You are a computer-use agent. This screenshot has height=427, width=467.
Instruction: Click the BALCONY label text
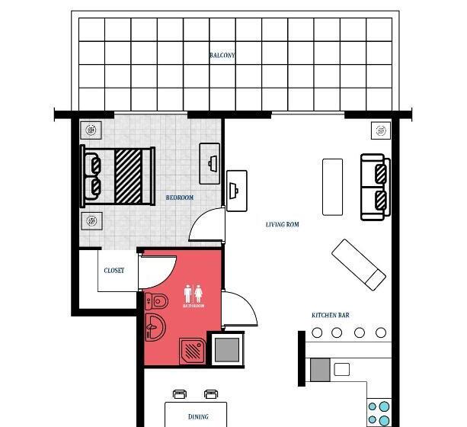pos(222,55)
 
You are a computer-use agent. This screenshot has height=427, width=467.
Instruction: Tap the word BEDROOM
pos(180,197)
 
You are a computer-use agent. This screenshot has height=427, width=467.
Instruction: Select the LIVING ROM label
pos(282,224)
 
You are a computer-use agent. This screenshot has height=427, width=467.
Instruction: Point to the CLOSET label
pos(114,271)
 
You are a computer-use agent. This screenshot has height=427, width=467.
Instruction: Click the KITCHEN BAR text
pos(330,315)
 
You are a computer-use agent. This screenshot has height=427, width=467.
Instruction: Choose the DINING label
pos(198,417)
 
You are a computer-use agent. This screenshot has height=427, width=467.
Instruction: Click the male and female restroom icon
pos(193,294)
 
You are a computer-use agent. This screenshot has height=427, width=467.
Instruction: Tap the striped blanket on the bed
pos(128,175)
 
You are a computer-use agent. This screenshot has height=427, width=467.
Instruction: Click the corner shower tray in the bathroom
pos(193,351)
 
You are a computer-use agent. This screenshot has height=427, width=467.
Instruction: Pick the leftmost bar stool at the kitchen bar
pos(317,332)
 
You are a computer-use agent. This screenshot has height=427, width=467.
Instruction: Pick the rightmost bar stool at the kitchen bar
pos(381,332)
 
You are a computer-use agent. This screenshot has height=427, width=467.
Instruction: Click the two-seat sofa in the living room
pos(375,187)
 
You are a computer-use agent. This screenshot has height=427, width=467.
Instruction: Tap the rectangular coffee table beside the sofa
pos(333,187)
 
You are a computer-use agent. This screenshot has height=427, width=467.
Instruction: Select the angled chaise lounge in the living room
pos(359,264)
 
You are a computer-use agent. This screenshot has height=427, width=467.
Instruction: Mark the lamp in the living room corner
pos(380,130)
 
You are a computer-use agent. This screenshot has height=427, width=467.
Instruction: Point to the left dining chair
pos(180,394)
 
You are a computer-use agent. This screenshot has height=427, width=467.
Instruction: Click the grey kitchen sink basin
pos(320,369)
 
